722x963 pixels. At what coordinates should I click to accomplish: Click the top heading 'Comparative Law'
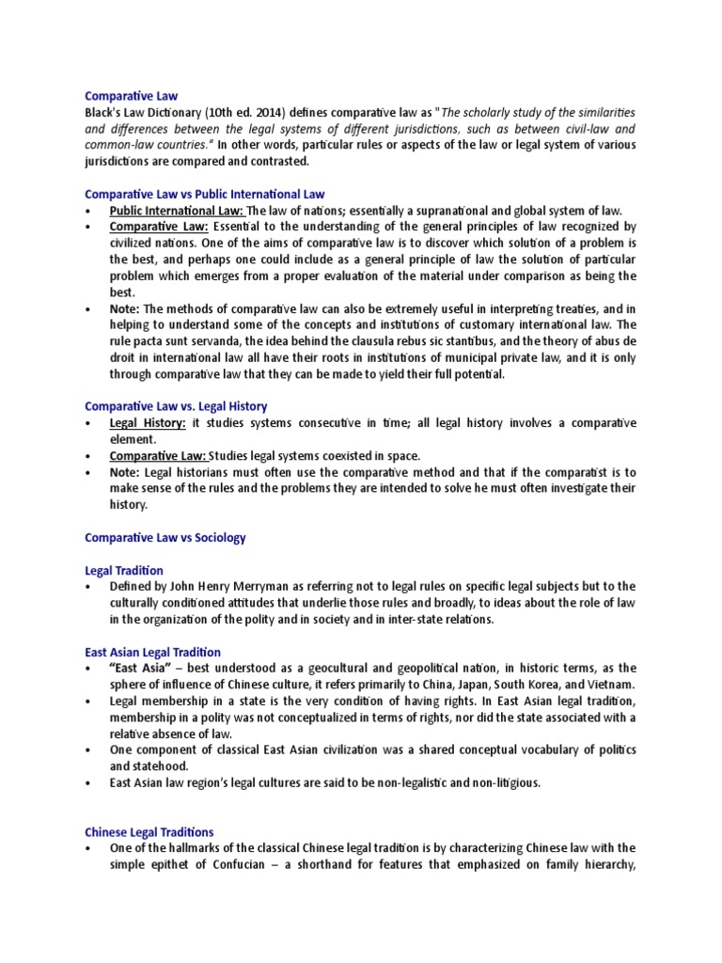131,96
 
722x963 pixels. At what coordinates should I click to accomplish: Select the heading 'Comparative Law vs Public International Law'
204,194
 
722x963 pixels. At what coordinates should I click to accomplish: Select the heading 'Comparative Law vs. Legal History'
176,406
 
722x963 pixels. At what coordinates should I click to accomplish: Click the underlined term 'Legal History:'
147,423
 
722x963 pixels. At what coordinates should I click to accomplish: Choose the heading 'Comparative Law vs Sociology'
165,537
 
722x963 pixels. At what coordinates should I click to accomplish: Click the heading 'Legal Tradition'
123,570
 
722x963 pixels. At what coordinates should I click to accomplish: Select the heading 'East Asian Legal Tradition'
152,652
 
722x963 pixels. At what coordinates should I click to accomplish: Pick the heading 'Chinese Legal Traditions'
149,832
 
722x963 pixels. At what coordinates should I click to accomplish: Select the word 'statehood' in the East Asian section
139,766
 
